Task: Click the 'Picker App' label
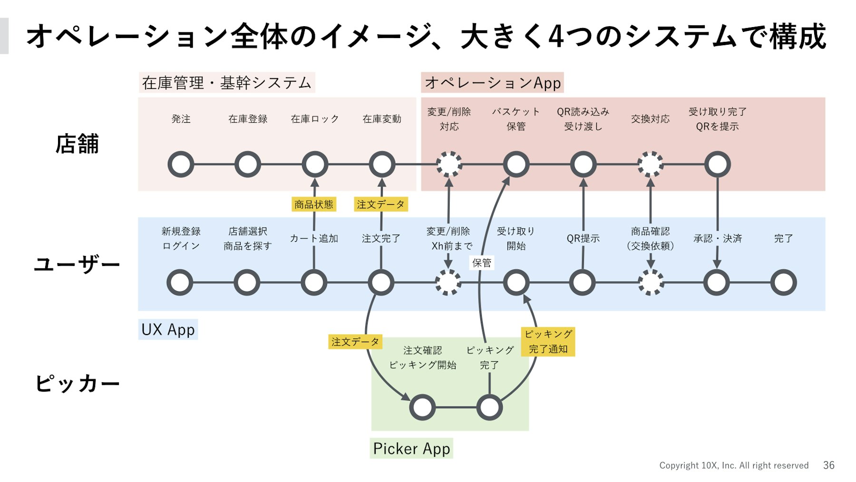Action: tap(411, 448)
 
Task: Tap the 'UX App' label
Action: tap(168, 329)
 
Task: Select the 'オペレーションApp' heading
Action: tap(492, 82)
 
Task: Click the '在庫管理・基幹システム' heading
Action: tap(226, 83)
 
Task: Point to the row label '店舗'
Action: tap(77, 144)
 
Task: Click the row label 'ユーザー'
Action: tap(77, 264)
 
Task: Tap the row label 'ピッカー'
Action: tap(77, 384)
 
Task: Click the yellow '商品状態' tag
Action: tap(314, 205)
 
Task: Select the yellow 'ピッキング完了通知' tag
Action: tap(548, 342)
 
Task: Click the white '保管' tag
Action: tap(481, 263)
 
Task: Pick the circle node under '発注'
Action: tap(181, 165)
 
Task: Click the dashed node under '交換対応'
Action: tap(650, 165)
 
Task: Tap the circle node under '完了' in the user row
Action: tap(783, 283)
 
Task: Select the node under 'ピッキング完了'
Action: tap(489, 408)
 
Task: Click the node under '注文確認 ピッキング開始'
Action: tap(422, 408)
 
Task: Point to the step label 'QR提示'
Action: tap(583, 238)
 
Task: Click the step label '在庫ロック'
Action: tap(315, 119)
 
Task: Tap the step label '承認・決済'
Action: tap(718, 238)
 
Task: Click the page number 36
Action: tap(829, 465)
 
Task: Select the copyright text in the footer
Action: tap(734, 465)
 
